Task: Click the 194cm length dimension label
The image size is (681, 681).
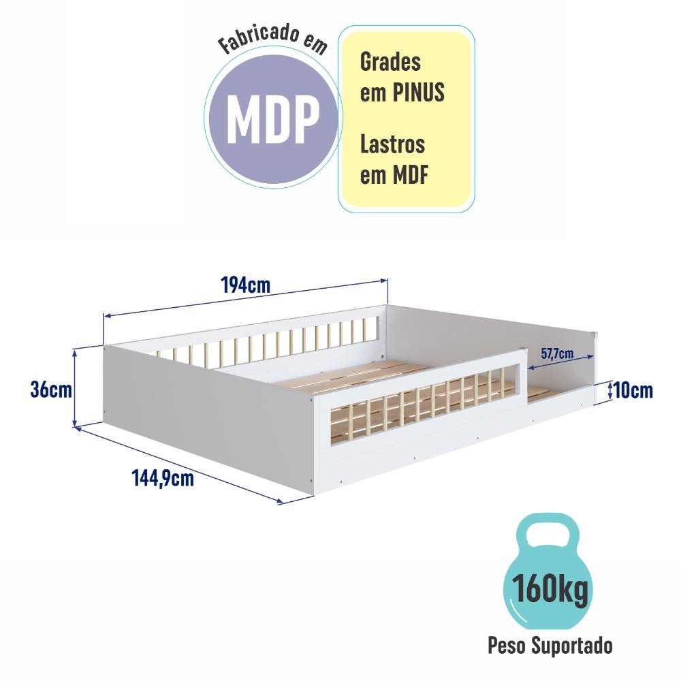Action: [246, 285]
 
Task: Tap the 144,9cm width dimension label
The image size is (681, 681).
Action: [163, 479]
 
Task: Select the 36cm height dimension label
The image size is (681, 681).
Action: [51, 389]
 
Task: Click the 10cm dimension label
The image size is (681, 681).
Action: [633, 390]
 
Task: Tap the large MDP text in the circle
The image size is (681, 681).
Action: [273, 118]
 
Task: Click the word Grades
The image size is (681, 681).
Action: [390, 62]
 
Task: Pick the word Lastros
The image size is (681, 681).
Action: [393, 144]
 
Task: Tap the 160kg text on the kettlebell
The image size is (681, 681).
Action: [550, 589]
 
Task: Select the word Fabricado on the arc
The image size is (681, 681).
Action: [259, 38]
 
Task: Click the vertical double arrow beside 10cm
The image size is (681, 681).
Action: [610, 390]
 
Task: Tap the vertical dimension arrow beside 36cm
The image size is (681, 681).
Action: [75, 389]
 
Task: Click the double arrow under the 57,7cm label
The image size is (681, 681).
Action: [560, 362]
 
